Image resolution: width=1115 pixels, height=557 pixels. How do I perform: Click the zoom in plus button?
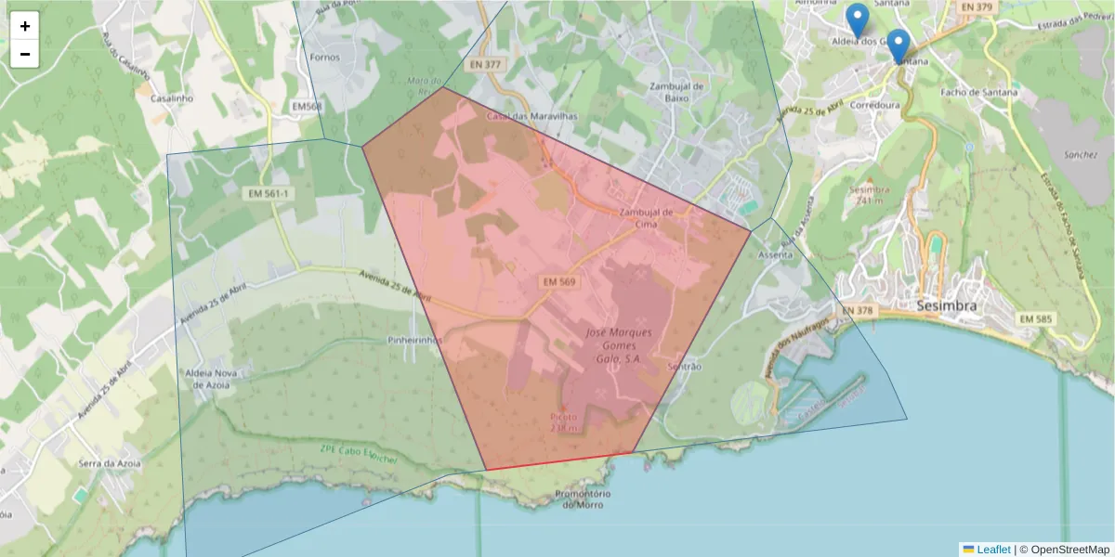pyautogui.click(x=25, y=26)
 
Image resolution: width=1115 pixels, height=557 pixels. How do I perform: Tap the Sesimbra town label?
pyautogui.click(x=946, y=305)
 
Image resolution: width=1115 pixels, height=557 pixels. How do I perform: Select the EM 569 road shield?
pyautogui.click(x=558, y=280)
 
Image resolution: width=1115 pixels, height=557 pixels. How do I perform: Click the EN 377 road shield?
pyautogui.click(x=485, y=65)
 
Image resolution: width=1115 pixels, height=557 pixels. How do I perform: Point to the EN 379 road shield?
pyautogui.click(x=976, y=7)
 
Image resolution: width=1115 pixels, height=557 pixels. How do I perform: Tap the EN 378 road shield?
pyautogui.click(x=858, y=310)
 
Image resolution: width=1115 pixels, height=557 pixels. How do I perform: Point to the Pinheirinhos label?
pyautogui.click(x=416, y=341)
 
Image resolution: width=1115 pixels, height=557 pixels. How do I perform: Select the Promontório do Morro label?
pyautogui.click(x=584, y=499)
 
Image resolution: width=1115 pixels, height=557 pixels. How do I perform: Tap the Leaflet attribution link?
pyautogui.click(x=993, y=550)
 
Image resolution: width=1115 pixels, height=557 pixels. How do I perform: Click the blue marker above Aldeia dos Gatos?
pyautogui.click(x=859, y=19)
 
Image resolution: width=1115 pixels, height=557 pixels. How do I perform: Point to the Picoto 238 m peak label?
pyautogui.click(x=564, y=422)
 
